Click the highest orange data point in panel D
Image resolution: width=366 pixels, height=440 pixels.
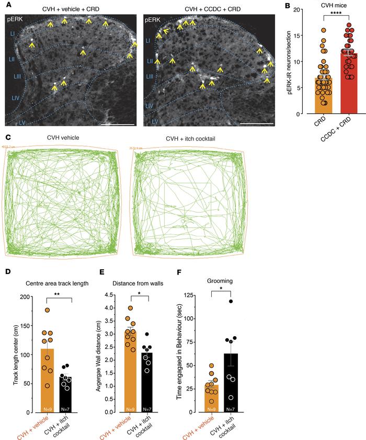tap(47, 310)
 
